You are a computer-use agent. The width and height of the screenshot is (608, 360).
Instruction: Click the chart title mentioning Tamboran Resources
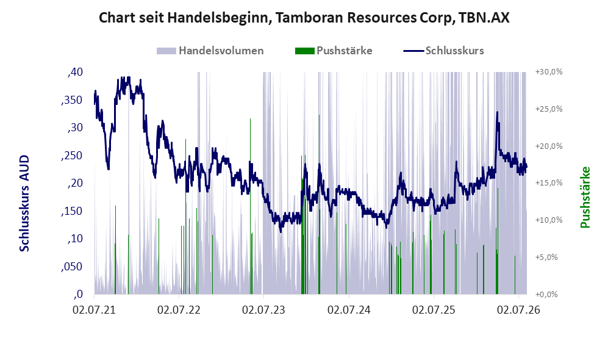[304, 18]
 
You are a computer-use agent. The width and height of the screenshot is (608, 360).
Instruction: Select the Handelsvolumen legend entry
[210, 51]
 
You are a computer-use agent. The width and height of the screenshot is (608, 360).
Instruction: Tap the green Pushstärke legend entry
[334, 51]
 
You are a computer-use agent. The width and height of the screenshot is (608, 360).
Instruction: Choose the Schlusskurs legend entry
[443, 51]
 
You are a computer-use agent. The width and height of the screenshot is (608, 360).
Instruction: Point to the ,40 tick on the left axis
[75, 72]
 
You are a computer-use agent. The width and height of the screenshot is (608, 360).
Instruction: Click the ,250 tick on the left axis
[72, 155]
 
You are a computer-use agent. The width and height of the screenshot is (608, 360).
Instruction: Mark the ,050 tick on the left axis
[72, 266]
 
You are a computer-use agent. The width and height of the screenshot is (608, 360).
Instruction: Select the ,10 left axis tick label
[75, 238]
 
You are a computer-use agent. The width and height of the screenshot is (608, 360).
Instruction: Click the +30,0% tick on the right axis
[549, 72]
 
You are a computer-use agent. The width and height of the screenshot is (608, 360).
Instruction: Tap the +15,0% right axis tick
[549, 182]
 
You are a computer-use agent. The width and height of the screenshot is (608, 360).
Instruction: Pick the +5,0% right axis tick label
[547, 257]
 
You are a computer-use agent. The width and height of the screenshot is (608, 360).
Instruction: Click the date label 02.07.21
[94, 309]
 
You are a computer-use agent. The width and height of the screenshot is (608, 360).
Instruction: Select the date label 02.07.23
[263, 309]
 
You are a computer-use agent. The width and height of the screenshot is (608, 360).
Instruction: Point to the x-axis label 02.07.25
[434, 309]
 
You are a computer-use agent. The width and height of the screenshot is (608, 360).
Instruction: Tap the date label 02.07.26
[519, 309]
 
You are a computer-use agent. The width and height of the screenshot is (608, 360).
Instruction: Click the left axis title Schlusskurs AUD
[24, 203]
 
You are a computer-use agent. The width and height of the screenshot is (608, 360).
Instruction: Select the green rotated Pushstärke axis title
[585, 198]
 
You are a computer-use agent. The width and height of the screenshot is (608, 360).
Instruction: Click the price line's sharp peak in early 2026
[497, 112]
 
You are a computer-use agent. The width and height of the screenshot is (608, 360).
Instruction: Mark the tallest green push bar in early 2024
[319, 204]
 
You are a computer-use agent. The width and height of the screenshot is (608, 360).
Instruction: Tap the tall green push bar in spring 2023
[250, 206]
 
